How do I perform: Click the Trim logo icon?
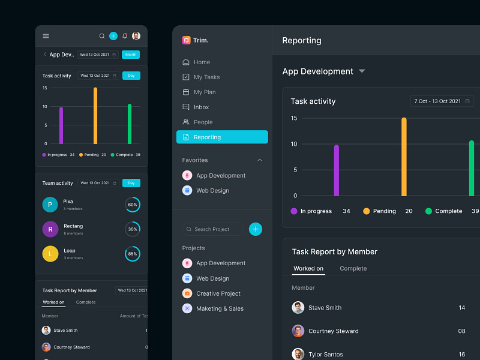coord(186,40)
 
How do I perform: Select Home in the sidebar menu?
coord(202,62)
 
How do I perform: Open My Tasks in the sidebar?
coord(206,77)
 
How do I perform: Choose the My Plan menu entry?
coord(205,92)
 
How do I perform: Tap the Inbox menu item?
coord(201,107)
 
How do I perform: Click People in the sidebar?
coord(203,122)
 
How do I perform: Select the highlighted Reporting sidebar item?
coord(222,137)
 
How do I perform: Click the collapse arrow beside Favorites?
coord(260,160)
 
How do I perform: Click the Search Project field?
coord(213,229)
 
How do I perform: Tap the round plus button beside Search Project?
coord(256,229)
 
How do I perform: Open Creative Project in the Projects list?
coord(218,293)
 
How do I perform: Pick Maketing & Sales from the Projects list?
coord(220,308)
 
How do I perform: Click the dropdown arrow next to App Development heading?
coord(362,71)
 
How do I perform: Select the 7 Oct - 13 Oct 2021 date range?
coord(442,101)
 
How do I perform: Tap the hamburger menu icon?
coord(46,36)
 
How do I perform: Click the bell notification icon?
coord(125,36)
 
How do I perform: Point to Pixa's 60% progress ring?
coord(133,205)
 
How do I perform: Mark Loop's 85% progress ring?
coord(133,254)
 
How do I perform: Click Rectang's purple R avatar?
coord(50,229)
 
